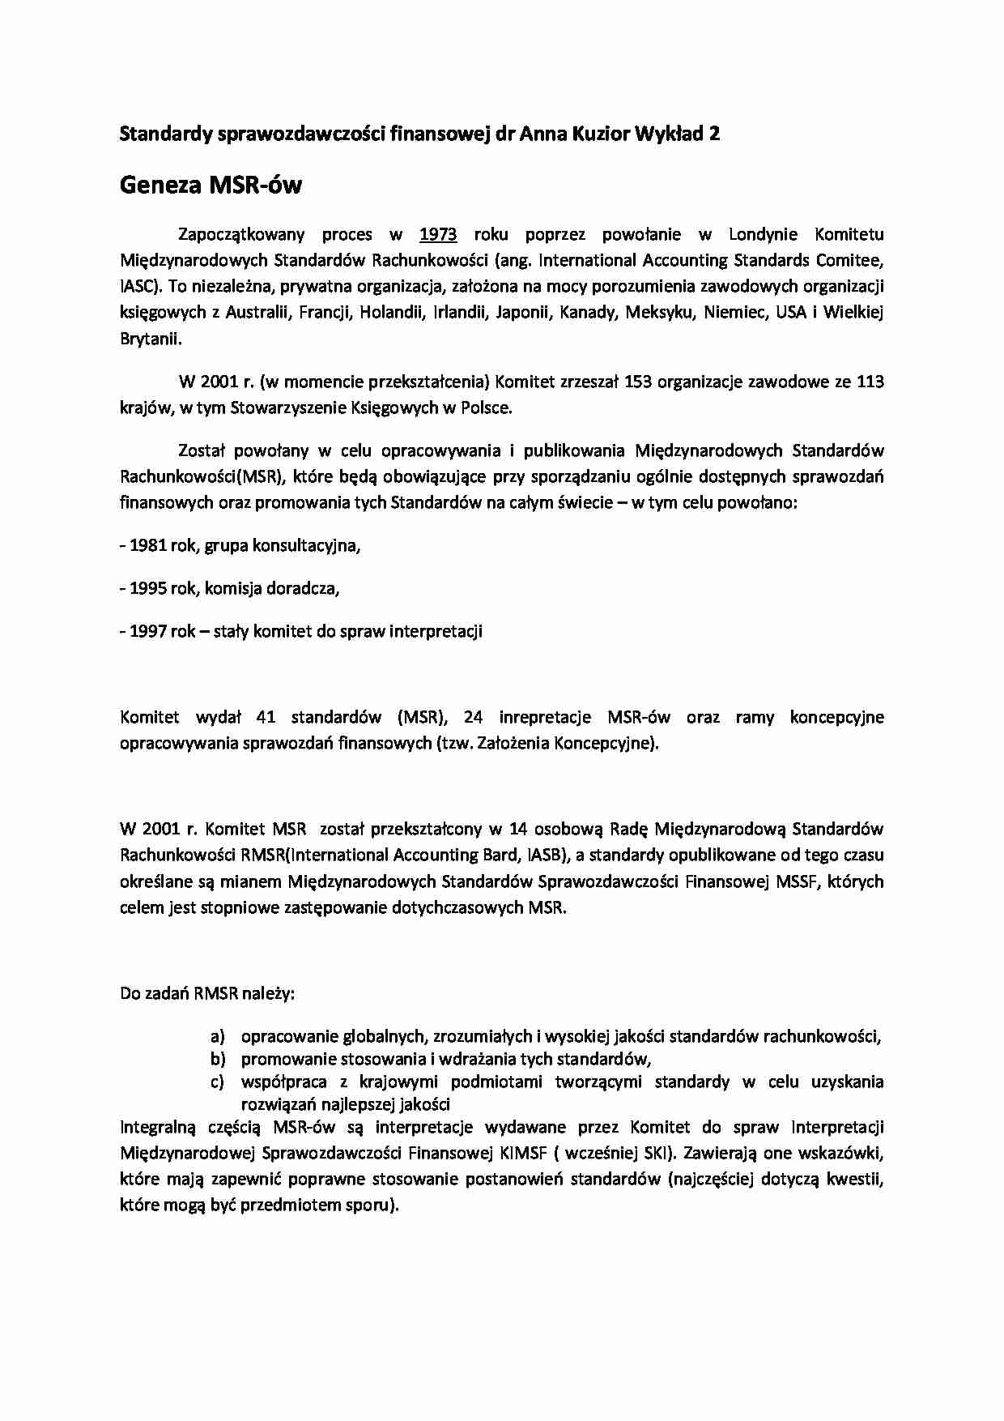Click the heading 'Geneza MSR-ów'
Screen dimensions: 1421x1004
point(211,186)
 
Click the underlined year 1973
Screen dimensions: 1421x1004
point(438,235)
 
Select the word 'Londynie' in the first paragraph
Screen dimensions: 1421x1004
point(763,235)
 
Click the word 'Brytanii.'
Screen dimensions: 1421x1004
point(151,339)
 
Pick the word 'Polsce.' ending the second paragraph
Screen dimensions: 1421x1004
point(487,408)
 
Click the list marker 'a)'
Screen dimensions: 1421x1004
point(216,1036)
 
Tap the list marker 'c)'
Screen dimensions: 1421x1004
point(216,1082)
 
